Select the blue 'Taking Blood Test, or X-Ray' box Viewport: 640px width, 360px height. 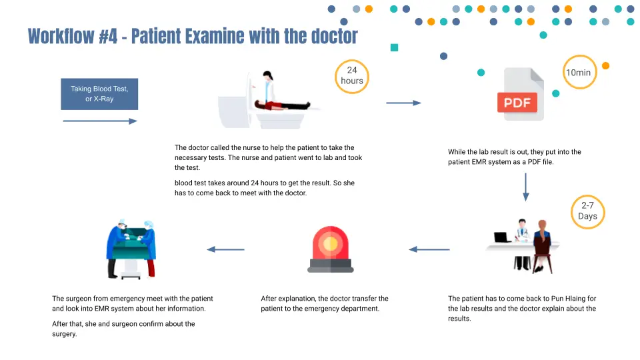(99, 94)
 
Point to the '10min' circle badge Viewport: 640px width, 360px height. (578, 73)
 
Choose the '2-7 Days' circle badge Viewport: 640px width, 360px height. (588, 211)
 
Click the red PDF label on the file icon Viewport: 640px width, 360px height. (517, 103)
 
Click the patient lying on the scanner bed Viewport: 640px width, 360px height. (283, 105)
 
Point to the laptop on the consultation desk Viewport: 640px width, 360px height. (502, 237)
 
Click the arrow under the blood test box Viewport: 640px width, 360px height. (100, 121)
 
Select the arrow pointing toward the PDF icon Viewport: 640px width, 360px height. (404, 103)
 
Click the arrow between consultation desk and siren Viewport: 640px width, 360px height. (429, 249)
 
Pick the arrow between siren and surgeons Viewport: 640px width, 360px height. (225, 249)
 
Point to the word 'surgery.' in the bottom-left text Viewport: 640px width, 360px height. (65, 334)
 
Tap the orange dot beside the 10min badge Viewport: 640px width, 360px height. (605, 65)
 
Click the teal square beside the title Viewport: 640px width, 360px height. (394, 47)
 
